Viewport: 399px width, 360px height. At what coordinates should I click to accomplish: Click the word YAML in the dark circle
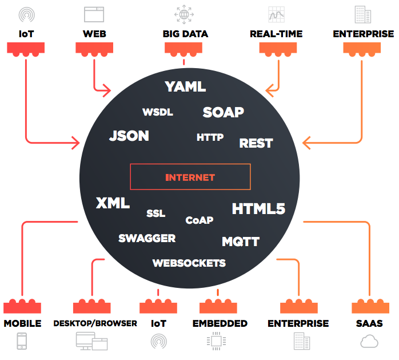(185, 87)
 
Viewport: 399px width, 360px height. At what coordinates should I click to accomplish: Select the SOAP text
(223, 112)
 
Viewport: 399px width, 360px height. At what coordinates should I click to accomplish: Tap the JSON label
(129, 136)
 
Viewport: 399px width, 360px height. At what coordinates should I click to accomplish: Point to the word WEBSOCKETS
(189, 263)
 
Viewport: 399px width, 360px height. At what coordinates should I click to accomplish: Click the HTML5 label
(258, 209)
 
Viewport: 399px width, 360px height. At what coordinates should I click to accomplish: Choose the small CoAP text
(199, 220)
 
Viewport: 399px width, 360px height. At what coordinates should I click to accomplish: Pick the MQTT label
(241, 241)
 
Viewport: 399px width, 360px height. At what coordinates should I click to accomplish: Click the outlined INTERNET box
(190, 177)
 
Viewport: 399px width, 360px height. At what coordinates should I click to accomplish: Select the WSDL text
(157, 112)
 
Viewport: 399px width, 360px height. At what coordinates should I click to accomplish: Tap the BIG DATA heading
(185, 34)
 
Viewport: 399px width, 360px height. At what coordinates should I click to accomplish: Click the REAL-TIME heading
(276, 34)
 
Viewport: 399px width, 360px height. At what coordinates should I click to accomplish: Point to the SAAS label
(369, 323)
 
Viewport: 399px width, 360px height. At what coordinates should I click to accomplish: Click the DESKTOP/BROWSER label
(95, 323)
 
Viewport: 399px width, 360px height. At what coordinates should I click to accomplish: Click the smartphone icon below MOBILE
(22, 341)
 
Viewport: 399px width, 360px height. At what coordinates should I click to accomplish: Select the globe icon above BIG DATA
(184, 14)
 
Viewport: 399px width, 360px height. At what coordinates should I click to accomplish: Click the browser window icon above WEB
(94, 14)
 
